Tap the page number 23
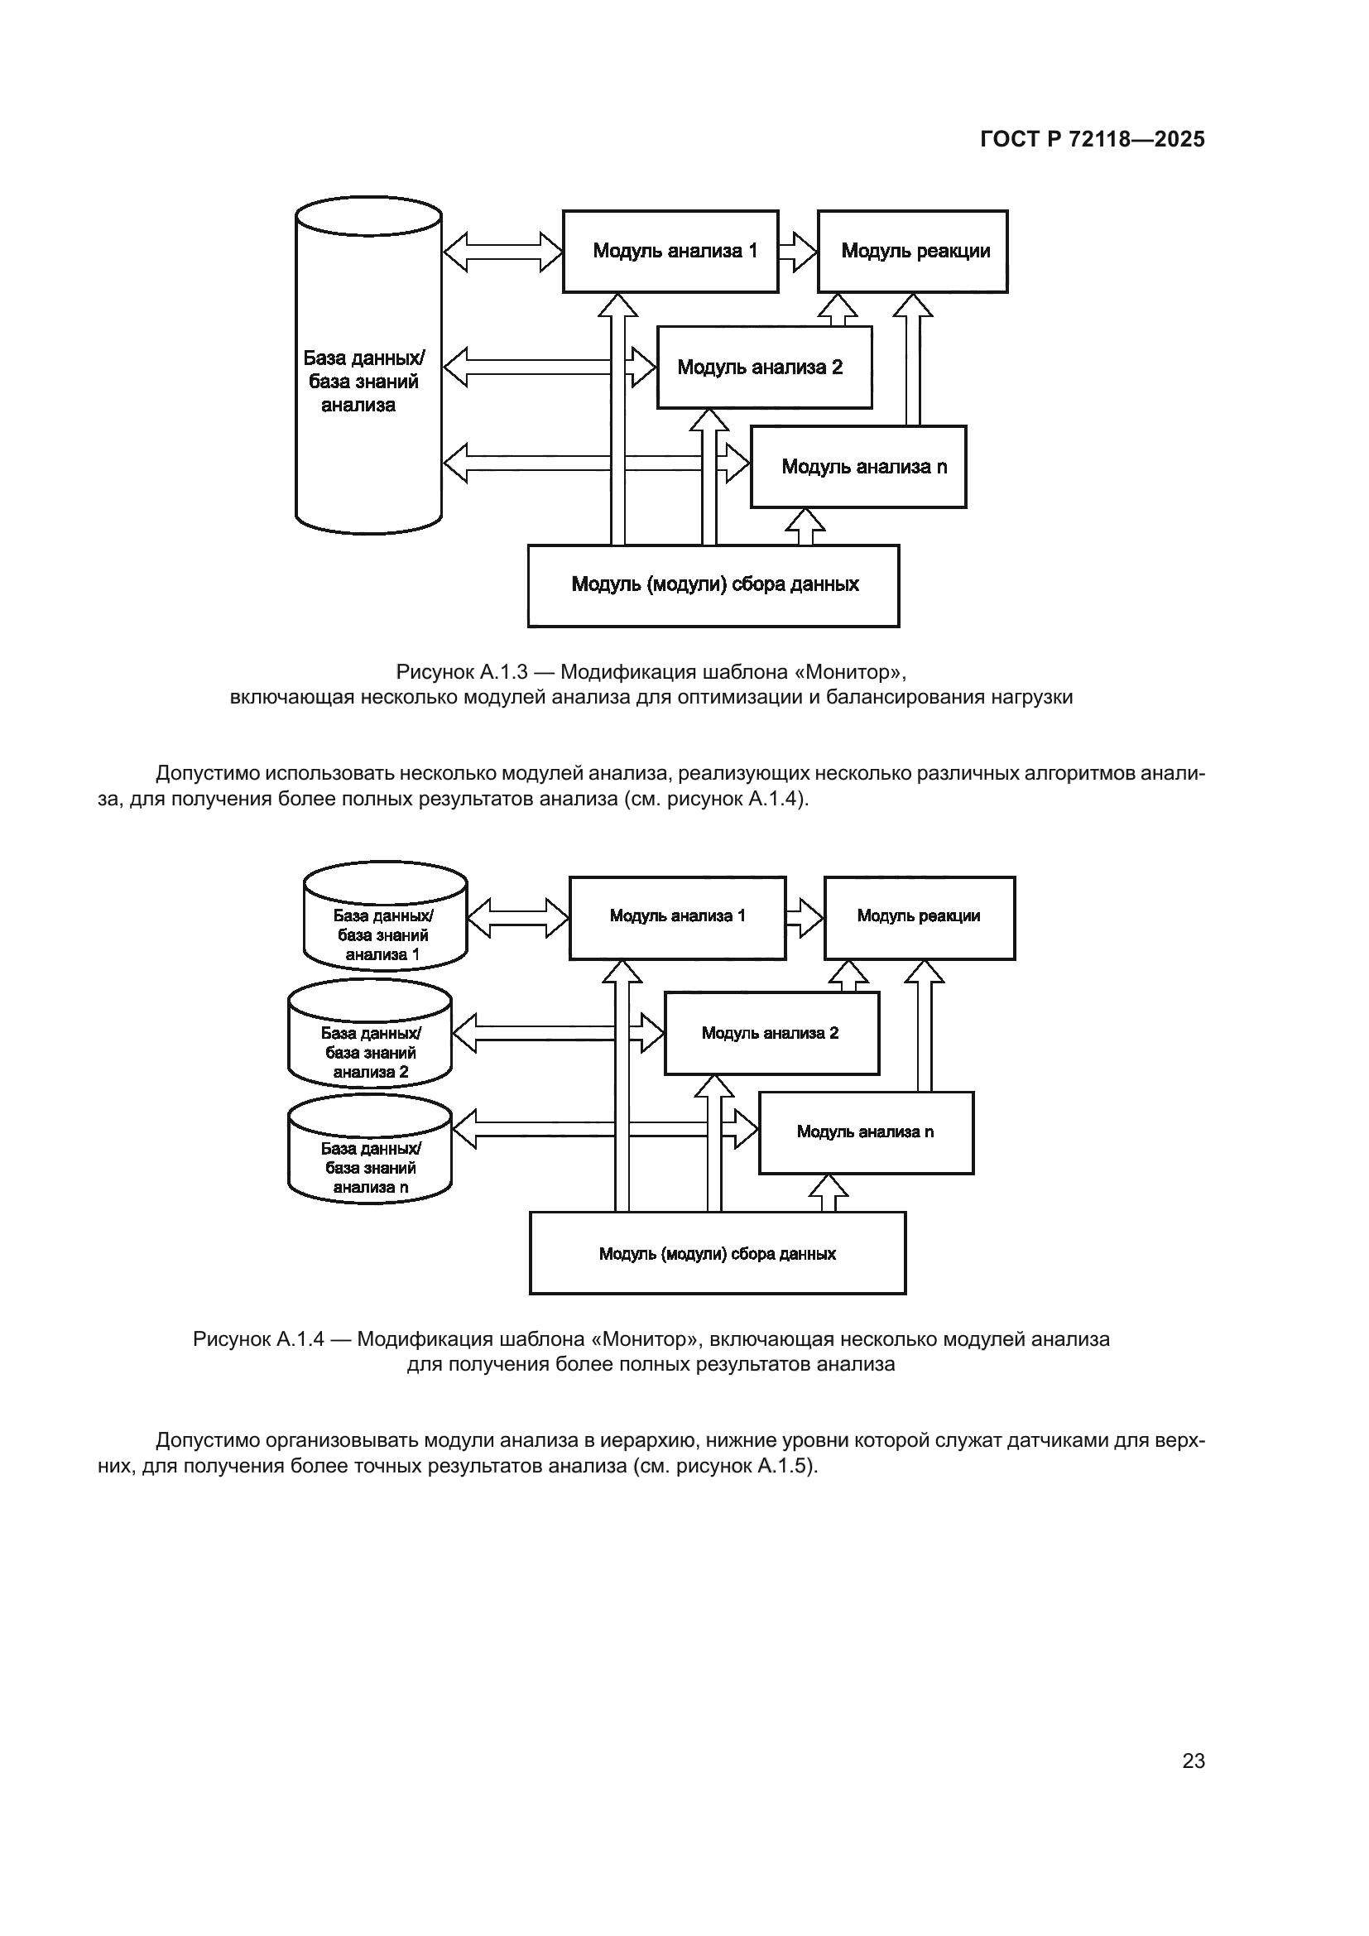coord(1193,1761)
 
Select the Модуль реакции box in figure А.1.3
coord(912,252)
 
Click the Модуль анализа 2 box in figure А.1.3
coord(764,368)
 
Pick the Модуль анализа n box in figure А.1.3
coord(858,467)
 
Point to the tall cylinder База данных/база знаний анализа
coord(368,365)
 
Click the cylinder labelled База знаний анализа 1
coord(385,916)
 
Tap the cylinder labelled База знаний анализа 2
coord(370,1035)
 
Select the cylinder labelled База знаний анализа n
coord(370,1151)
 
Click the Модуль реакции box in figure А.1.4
coord(919,917)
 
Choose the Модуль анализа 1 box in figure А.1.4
coord(677,917)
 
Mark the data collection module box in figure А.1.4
coord(718,1254)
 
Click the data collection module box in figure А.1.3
coord(713,585)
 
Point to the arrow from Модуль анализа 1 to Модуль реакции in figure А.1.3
coord(797,252)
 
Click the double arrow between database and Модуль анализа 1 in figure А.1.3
coord(502,252)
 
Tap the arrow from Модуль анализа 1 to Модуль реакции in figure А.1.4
coord(805,917)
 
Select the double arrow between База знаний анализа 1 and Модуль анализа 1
coord(518,917)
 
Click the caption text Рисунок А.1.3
coord(461,672)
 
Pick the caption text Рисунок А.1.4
coord(258,1339)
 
